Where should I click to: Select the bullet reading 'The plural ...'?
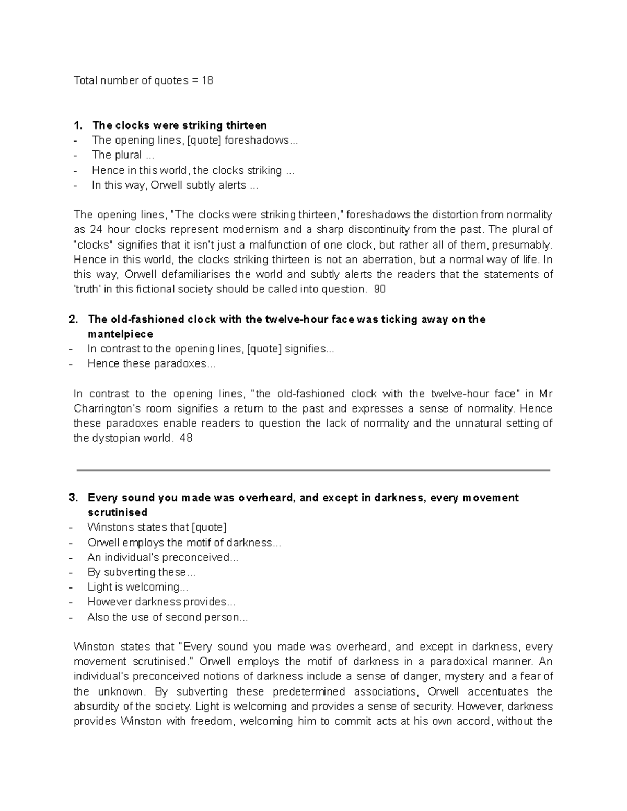pos(123,155)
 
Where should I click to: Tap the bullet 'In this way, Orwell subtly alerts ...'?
pos(175,185)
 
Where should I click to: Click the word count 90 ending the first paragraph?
pos(380,289)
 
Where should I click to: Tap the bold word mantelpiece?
pos(120,334)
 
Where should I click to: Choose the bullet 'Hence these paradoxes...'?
pos(151,364)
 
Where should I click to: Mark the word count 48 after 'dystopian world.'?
pos(185,439)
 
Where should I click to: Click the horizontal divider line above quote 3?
pos(313,471)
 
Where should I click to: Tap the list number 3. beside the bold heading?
pos(74,498)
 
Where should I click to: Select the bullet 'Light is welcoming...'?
pos(137,587)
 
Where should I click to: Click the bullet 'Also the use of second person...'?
pos(167,617)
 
